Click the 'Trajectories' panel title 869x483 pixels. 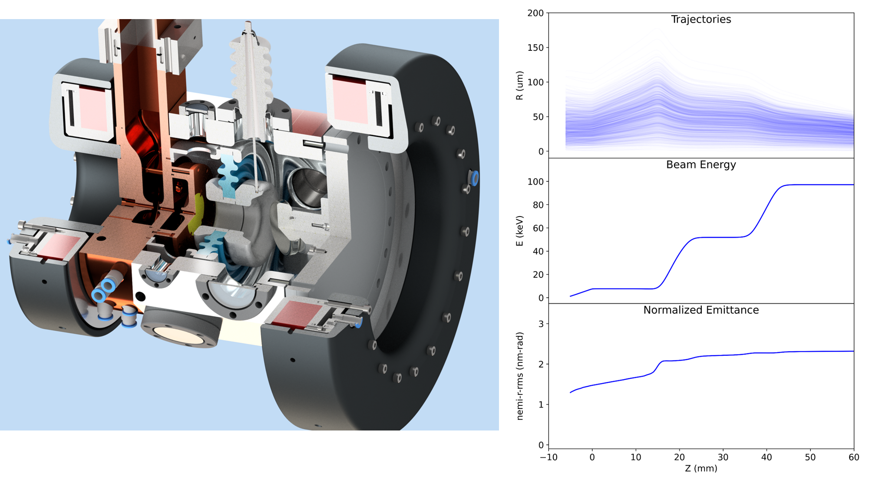(x=700, y=20)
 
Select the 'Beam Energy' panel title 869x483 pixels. (x=701, y=165)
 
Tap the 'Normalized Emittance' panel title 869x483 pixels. (x=701, y=310)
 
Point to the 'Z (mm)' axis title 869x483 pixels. (x=701, y=469)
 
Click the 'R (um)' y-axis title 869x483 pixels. (x=519, y=85)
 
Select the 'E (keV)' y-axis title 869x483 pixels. (x=519, y=231)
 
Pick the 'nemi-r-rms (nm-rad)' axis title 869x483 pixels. (x=519, y=376)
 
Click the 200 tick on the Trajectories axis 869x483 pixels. (x=535, y=13)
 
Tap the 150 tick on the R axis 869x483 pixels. (x=535, y=48)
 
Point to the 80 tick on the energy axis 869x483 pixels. (x=538, y=205)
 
